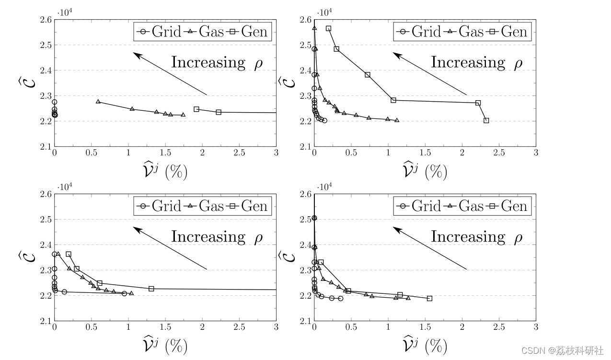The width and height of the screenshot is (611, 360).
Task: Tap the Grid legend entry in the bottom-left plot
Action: pyautogui.click(x=161, y=206)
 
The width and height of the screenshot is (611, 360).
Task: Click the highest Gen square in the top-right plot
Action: pyautogui.click(x=329, y=29)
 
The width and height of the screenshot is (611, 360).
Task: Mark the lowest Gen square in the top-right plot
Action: pyautogui.click(x=486, y=120)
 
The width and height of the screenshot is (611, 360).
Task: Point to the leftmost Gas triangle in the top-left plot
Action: pyautogui.click(x=98, y=102)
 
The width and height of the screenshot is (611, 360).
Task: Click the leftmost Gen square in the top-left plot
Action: pyautogui.click(x=196, y=109)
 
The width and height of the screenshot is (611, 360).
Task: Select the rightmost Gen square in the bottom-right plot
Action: pyautogui.click(x=429, y=298)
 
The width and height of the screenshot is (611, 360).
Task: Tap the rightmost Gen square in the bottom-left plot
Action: pyautogui.click(x=151, y=289)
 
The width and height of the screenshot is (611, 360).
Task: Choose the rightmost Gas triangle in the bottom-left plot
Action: pyautogui.click(x=131, y=293)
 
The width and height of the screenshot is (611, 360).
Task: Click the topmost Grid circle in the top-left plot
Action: pyautogui.click(x=55, y=102)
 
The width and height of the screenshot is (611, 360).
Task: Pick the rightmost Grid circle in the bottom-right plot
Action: pyautogui.click(x=340, y=298)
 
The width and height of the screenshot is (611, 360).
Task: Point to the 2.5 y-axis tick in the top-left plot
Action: pyautogui.click(x=47, y=45)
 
